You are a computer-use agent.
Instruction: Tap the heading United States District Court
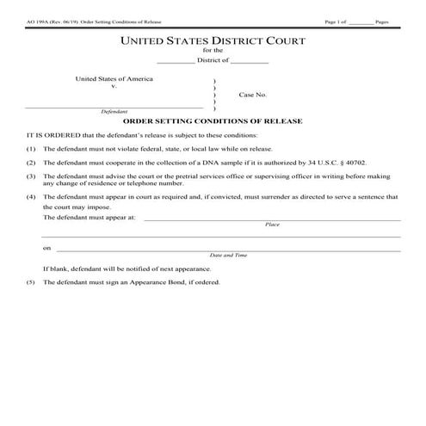tap(213, 40)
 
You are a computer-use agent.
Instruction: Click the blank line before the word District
tap(177, 61)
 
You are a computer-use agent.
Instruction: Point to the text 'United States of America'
tap(114, 78)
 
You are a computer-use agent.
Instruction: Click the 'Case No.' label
tap(253, 95)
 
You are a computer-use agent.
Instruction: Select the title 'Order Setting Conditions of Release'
tap(213, 121)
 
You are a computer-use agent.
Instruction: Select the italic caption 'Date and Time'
tap(229, 256)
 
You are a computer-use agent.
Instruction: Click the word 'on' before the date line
tap(47, 248)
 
